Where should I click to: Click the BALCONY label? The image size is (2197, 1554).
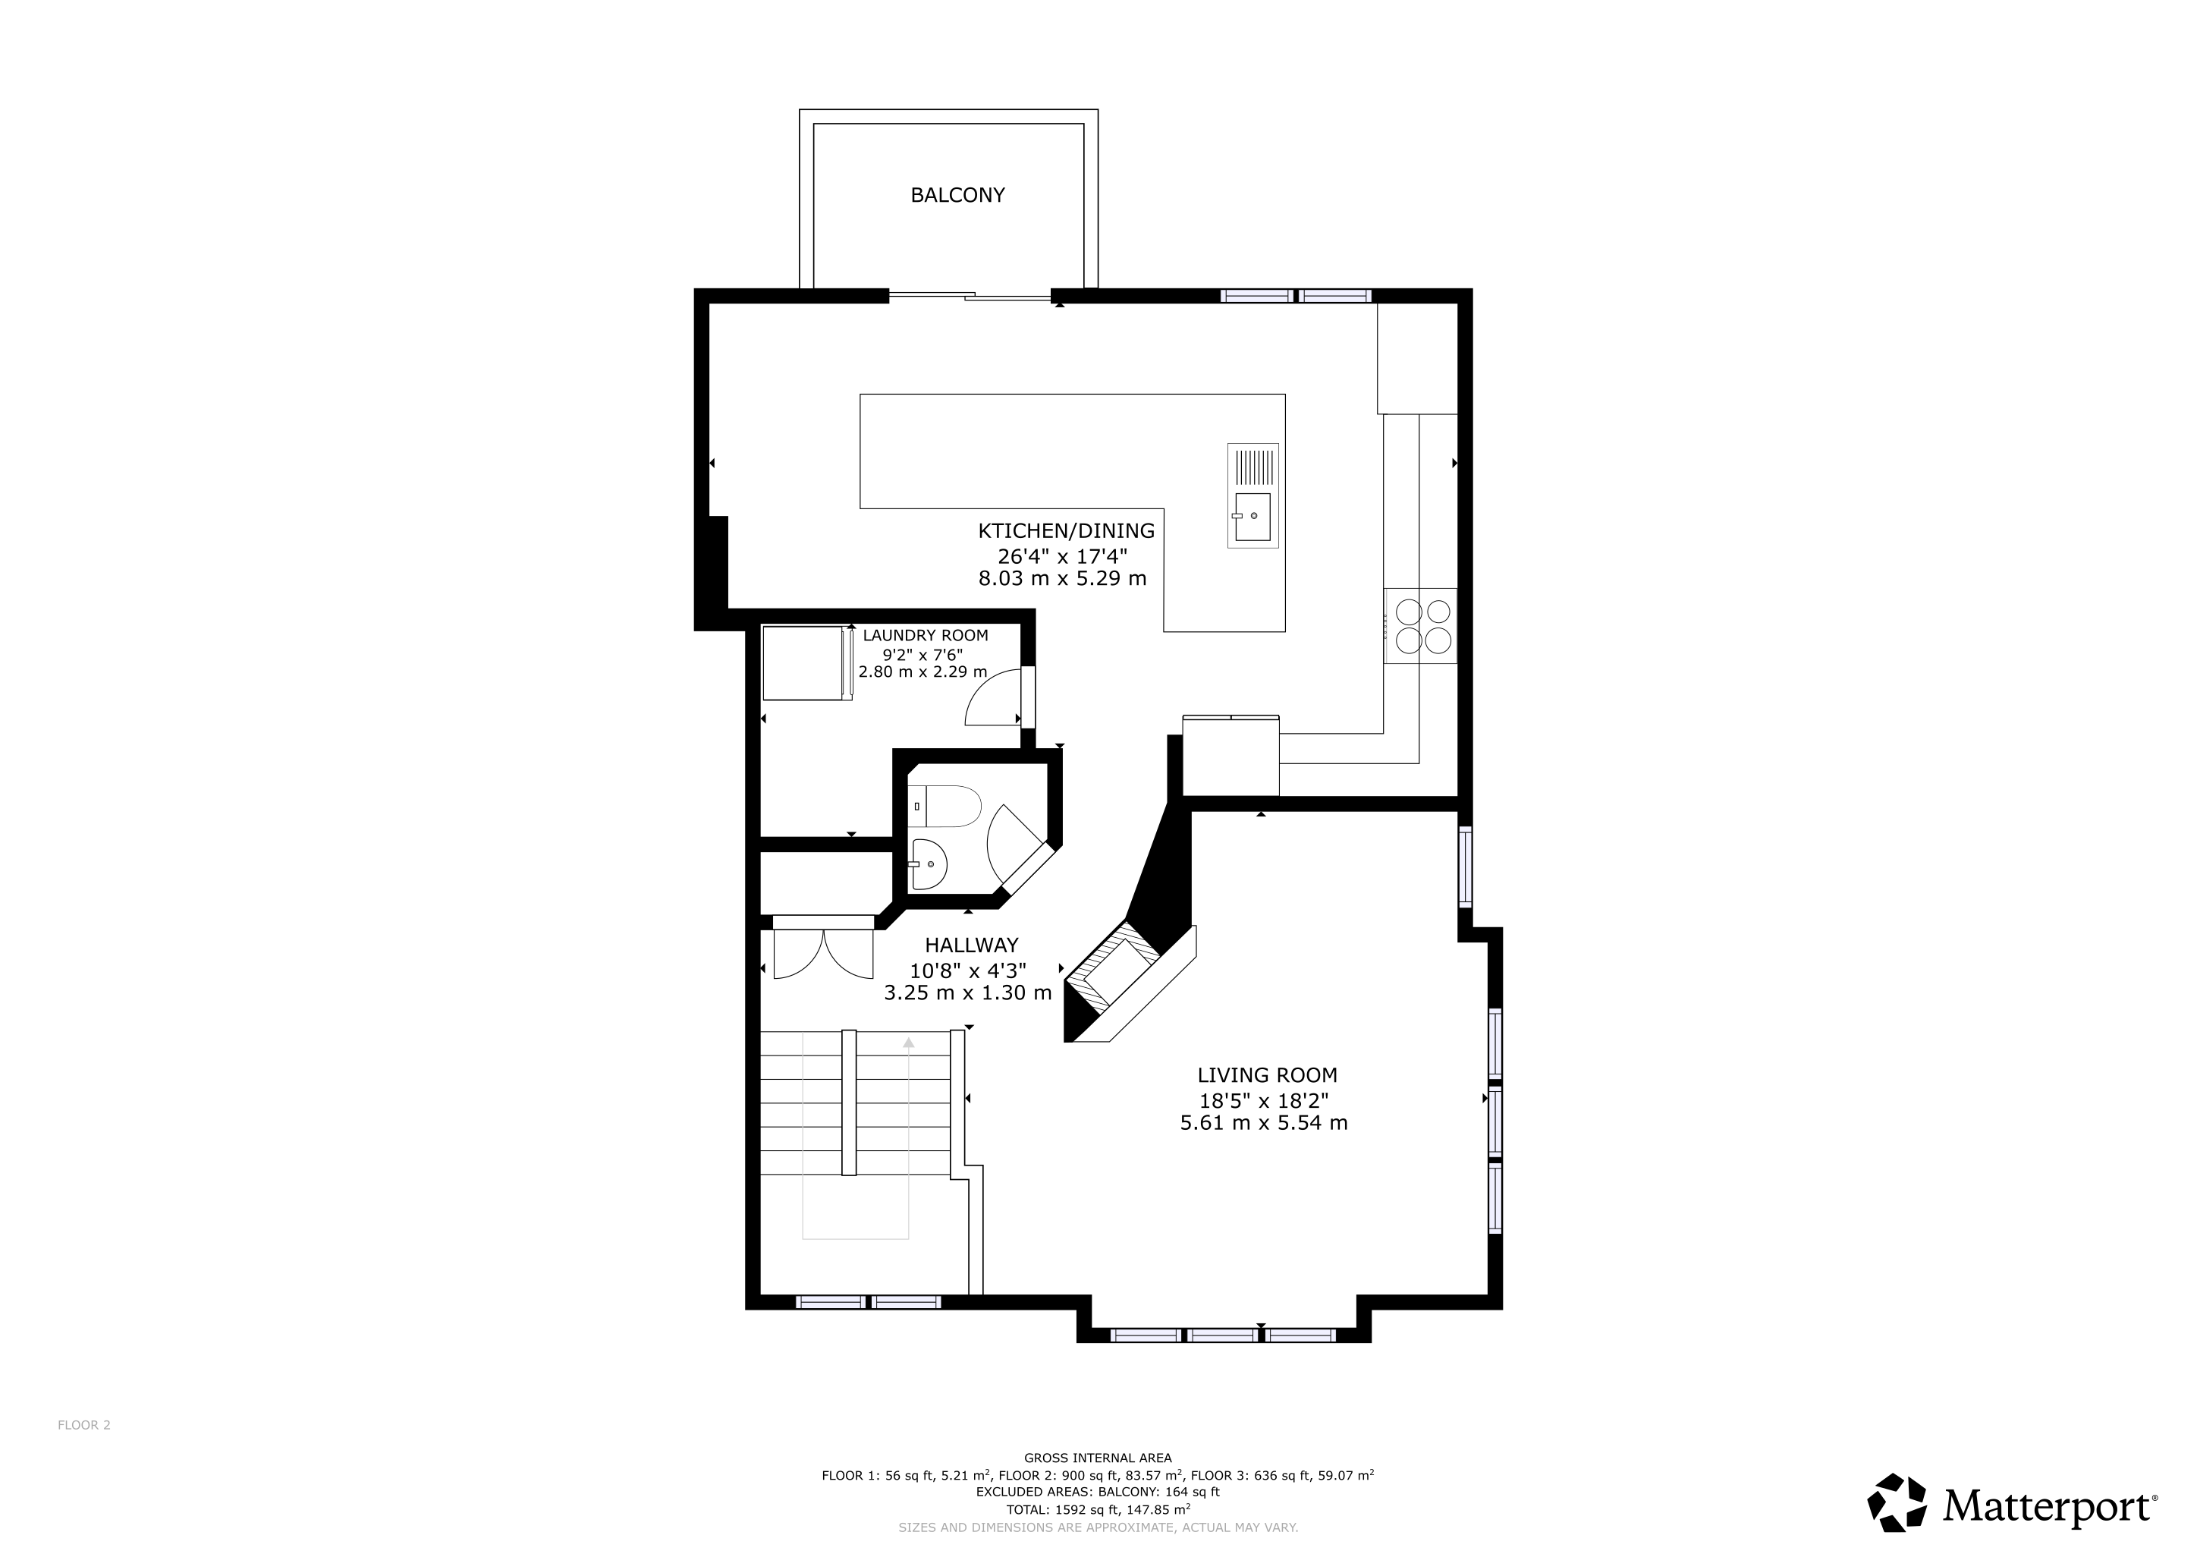pyautogui.click(x=958, y=195)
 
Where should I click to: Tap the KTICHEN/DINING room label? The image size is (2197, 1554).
pyautogui.click(x=1066, y=531)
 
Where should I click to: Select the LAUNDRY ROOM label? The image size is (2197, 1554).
pyautogui.click(x=926, y=635)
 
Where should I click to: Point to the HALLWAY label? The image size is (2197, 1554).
pyautogui.click(x=971, y=945)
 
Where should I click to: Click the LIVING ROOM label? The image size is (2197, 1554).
pyautogui.click(x=1267, y=1075)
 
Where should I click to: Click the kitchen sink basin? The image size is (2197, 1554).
pyautogui.click(x=1253, y=517)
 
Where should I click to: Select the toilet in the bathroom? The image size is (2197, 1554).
pyautogui.click(x=944, y=806)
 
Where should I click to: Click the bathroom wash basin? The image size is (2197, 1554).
pyautogui.click(x=928, y=864)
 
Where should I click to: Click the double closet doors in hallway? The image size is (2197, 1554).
pyautogui.click(x=824, y=953)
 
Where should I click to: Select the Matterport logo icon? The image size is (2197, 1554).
pyautogui.click(x=1897, y=1503)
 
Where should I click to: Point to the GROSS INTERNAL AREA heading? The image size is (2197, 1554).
pyautogui.click(x=1098, y=1458)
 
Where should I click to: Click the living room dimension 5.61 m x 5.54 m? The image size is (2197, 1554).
pyautogui.click(x=1264, y=1124)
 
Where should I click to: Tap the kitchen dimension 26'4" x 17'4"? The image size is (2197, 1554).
pyautogui.click(x=1062, y=556)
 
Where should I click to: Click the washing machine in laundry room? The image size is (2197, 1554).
pyautogui.click(x=806, y=663)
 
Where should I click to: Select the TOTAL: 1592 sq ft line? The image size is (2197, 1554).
pyautogui.click(x=1098, y=1510)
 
